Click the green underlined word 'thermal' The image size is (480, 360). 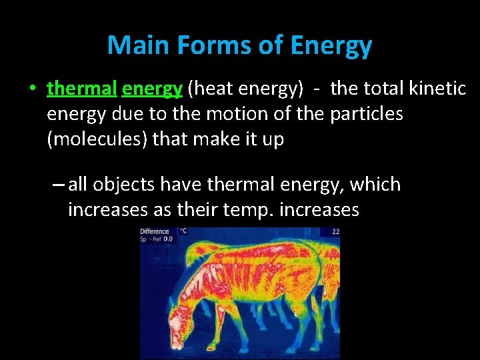pyautogui.click(x=82, y=88)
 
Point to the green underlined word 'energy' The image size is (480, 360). pyautogui.click(x=152, y=89)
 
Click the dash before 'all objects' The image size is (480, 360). pyautogui.click(x=56, y=185)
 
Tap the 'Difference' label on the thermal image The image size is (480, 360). pyautogui.click(x=154, y=232)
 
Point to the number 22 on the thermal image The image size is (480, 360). pyautogui.click(x=335, y=232)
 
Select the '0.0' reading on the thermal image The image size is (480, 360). pyautogui.click(x=168, y=239)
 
